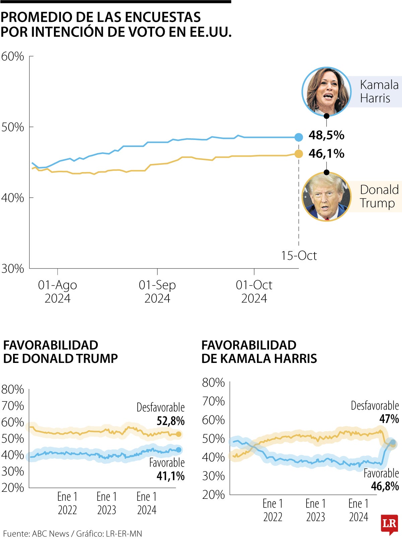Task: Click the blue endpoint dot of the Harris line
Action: point(298,137)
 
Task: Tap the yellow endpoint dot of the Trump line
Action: point(298,154)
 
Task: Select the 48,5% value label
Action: point(326,135)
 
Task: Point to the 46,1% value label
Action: point(326,154)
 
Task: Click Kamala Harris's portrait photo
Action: point(326,91)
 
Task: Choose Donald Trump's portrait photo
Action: point(326,197)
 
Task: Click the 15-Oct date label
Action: point(298,256)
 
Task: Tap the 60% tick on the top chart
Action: point(13,56)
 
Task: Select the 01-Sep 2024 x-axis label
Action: point(157,291)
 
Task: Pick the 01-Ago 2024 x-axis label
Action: point(57,291)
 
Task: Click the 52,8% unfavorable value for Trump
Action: point(171,421)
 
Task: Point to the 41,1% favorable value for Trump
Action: point(171,476)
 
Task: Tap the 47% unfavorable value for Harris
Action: point(389,419)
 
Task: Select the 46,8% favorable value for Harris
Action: point(385,486)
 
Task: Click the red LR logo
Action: point(389,524)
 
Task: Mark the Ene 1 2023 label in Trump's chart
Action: point(107,503)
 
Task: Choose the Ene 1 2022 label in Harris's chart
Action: point(273,510)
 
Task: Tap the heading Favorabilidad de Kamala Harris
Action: point(259,352)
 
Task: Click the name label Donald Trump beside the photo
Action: point(379,197)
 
